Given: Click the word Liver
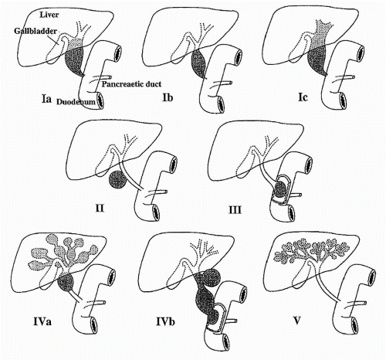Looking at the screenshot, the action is (49, 15).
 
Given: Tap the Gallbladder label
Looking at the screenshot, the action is (36, 31).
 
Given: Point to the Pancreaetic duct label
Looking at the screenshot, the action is (131, 84).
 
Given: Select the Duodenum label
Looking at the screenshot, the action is (76, 102).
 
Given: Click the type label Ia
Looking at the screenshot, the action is (46, 98).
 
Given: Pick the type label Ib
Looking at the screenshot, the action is (168, 97).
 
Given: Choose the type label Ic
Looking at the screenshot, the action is (303, 97).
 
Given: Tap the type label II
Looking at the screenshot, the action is (100, 208).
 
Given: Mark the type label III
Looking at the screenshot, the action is (235, 210).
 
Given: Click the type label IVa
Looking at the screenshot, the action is (42, 321).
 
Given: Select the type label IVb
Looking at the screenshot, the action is (166, 322).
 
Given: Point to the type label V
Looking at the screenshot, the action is (297, 321).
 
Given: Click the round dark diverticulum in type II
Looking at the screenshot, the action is (118, 180).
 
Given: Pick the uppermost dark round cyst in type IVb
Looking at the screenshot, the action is (212, 278).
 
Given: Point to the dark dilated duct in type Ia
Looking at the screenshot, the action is (74, 61).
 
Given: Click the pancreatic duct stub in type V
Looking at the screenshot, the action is (360, 302).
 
